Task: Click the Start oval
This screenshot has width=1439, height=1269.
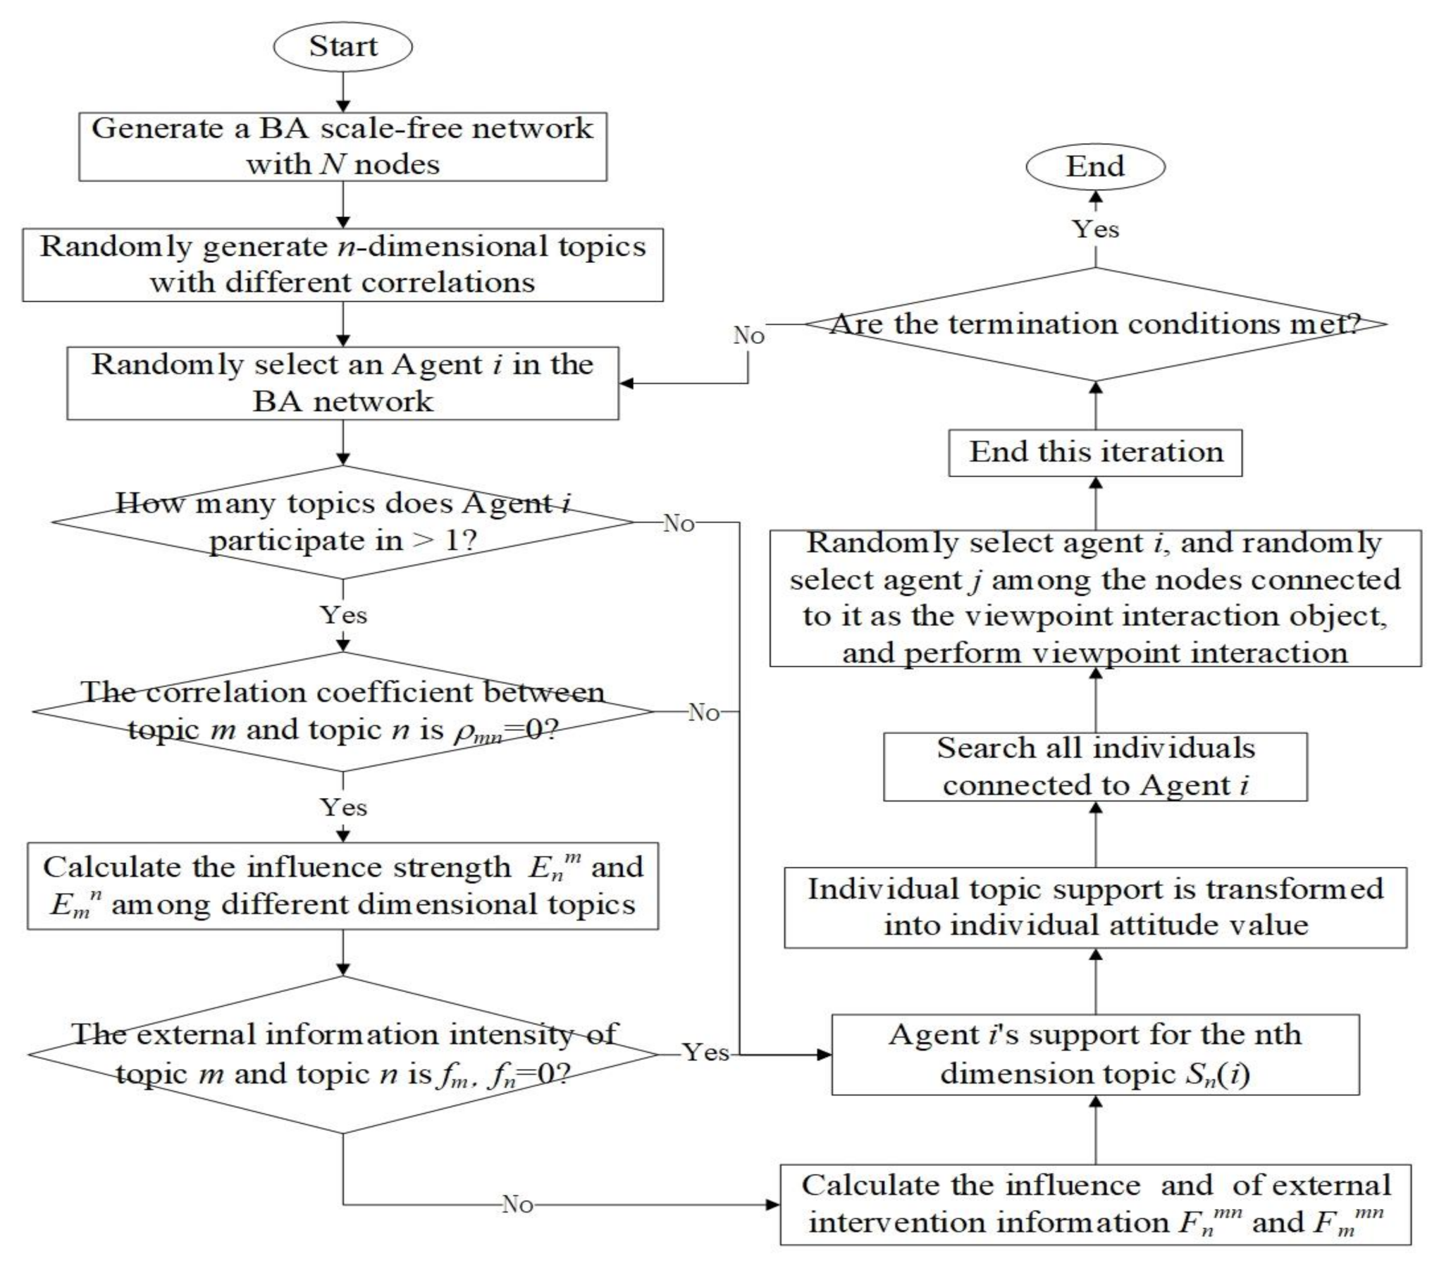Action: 343,47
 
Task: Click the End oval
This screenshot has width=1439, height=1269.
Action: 1094,166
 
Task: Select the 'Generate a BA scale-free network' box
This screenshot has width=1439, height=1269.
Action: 342,146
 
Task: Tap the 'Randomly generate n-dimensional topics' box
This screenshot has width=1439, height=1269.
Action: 342,264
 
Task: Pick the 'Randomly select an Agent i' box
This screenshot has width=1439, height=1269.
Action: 342,383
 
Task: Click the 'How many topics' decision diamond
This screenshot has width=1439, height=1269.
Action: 342,522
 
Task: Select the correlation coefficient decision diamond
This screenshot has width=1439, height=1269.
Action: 342,711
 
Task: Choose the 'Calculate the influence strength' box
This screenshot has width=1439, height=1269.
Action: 342,885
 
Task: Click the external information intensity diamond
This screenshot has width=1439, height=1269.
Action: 342,1055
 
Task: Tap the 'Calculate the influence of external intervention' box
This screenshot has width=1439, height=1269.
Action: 1095,1204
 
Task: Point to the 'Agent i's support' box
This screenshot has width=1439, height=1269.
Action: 1095,1055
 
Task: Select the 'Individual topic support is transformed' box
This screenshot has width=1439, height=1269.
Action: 1095,907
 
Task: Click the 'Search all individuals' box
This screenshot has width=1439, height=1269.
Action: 1095,766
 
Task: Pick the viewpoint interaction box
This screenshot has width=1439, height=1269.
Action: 1095,598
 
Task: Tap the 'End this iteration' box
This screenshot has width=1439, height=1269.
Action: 1095,452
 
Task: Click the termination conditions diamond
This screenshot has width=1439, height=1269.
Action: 1095,324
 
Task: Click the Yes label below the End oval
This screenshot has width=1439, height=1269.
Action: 1095,229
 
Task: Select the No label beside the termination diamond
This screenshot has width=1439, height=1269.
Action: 748,336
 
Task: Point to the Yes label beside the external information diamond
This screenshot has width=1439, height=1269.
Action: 705,1053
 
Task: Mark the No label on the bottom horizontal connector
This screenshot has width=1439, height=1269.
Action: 517,1204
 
